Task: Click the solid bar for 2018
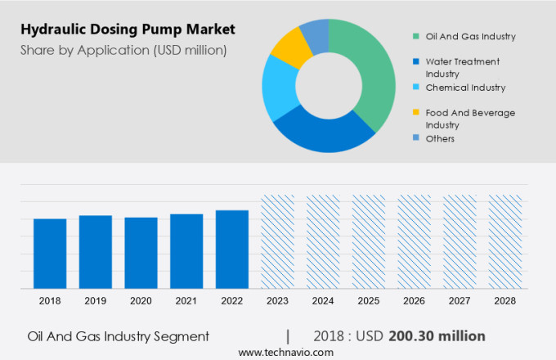(50, 254)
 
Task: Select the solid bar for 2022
(232, 250)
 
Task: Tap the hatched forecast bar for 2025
(369, 241)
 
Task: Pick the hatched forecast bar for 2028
(505, 241)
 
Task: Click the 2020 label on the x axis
(141, 301)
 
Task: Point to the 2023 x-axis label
(277, 301)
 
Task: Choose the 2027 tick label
(460, 301)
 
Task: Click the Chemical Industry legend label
(470, 88)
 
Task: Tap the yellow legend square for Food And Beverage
(416, 113)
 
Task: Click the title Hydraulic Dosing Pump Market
(128, 29)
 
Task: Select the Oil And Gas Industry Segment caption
(118, 335)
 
